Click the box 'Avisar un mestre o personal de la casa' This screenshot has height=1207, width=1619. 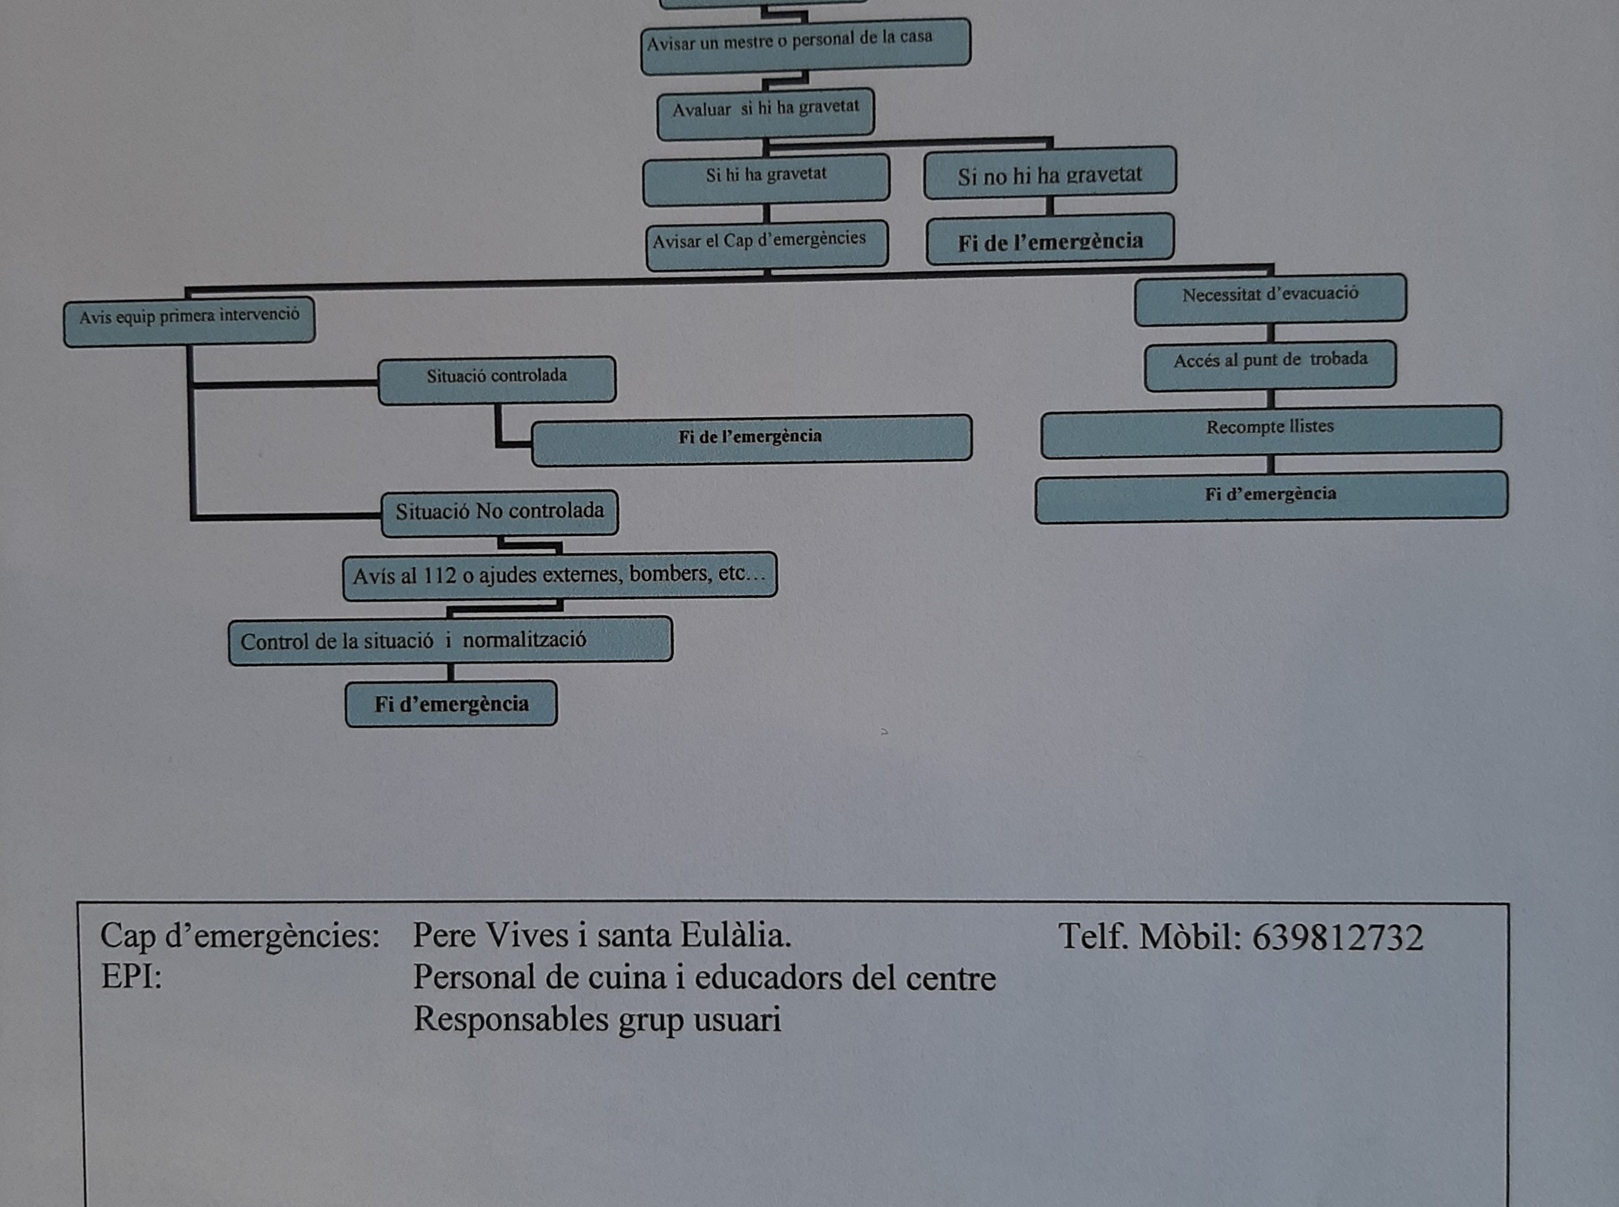coord(806,46)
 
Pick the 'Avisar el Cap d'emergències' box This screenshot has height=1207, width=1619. coord(767,244)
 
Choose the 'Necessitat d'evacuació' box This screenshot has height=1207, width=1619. coord(1269,298)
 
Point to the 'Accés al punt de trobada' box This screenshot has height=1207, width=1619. coord(1269,364)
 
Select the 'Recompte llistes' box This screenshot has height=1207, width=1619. coord(1271,431)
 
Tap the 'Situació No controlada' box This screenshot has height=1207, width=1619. coord(500,513)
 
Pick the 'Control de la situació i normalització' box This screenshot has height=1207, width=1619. coord(450,641)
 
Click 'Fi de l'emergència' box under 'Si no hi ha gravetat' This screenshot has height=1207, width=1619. coord(1050,239)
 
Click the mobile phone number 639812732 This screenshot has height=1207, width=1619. coord(1338,937)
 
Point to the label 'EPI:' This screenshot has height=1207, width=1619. coord(131,977)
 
